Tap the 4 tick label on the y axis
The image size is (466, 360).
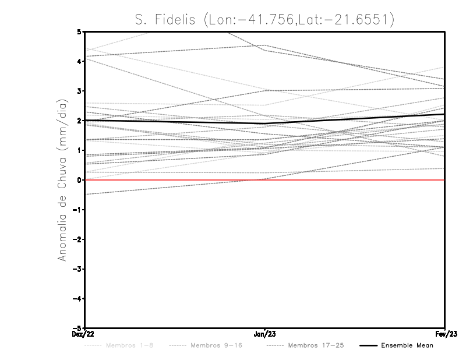79,61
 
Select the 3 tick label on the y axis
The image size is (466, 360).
79,91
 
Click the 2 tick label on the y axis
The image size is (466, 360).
79,121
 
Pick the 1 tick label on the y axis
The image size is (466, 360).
79,150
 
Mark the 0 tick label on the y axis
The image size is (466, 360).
79,180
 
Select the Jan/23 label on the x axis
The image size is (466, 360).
265,334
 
